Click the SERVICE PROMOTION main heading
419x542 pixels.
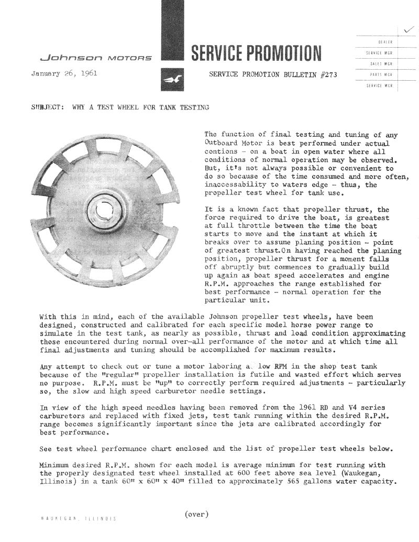pos(256,52)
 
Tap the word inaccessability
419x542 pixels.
pos(234,185)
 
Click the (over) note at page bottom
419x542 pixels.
pos(196,514)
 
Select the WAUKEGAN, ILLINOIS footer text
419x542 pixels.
pos(78,518)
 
